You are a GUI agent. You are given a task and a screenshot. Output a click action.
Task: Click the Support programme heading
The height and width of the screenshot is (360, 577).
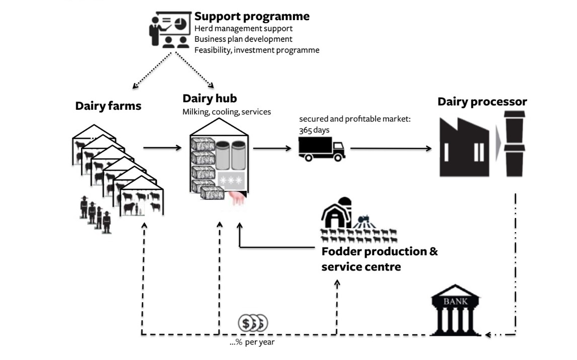[x=252, y=16]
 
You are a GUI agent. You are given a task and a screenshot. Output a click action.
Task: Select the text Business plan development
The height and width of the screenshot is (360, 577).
[x=243, y=39]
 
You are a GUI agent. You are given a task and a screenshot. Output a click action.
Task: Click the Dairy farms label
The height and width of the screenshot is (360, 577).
[x=108, y=106]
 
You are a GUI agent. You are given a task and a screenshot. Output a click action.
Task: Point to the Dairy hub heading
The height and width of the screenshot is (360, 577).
[x=209, y=98]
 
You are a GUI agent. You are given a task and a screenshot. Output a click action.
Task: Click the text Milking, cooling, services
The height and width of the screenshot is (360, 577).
[x=227, y=112]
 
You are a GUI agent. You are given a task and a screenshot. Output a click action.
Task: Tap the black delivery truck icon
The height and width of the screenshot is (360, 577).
[x=321, y=149]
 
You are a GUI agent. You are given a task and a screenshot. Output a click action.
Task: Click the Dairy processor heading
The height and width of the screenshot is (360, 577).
[x=482, y=102]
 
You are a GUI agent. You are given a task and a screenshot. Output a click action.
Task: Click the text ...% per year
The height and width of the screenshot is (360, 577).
[x=252, y=342]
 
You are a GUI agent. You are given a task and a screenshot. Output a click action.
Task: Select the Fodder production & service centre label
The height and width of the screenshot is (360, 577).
[x=380, y=259]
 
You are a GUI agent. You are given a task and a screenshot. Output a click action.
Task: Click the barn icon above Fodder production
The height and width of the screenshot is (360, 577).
[x=336, y=211]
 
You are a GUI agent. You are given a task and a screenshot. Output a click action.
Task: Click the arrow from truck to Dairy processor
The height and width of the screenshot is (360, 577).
[x=391, y=149]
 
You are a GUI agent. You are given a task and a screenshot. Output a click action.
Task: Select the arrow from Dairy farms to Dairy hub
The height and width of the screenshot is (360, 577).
[x=162, y=148]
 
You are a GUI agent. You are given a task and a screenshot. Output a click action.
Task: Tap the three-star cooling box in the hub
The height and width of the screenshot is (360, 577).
[x=231, y=180]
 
